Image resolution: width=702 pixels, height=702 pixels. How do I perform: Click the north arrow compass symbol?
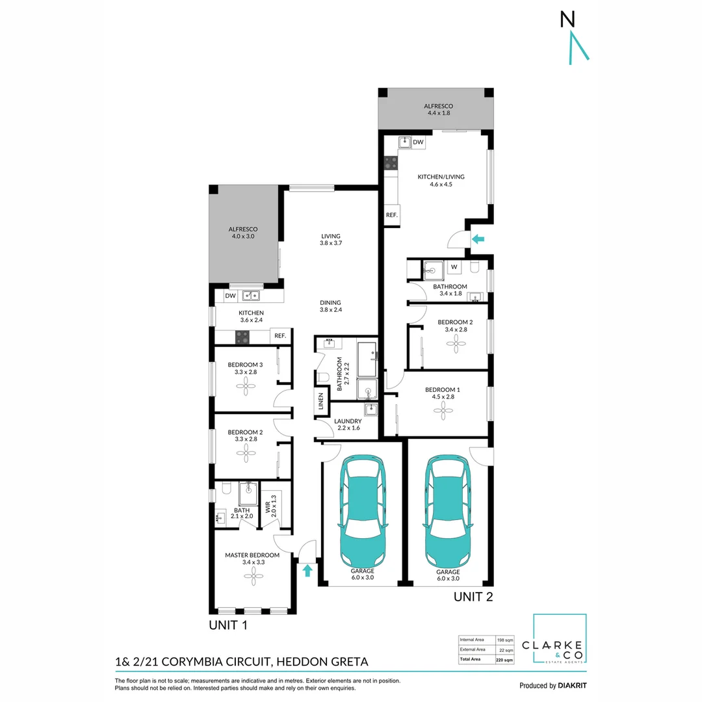(x=574, y=38)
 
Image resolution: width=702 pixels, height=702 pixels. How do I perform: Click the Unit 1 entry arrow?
(x=307, y=570)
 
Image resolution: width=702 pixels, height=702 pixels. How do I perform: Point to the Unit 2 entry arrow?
(x=478, y=239)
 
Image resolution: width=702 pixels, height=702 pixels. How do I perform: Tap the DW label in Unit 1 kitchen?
(x=230, y=296)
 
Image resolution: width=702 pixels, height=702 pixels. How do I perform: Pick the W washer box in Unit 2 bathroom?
(x=453, y=266)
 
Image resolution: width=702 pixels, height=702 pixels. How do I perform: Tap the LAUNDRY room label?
(x=348, y=421)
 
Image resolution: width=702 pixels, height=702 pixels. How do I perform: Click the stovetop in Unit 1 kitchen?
(x=242, y=337)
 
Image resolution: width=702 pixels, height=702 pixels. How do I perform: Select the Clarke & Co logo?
(x=560, y=639)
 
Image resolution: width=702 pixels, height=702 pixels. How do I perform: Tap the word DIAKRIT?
(x=573, y=686)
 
